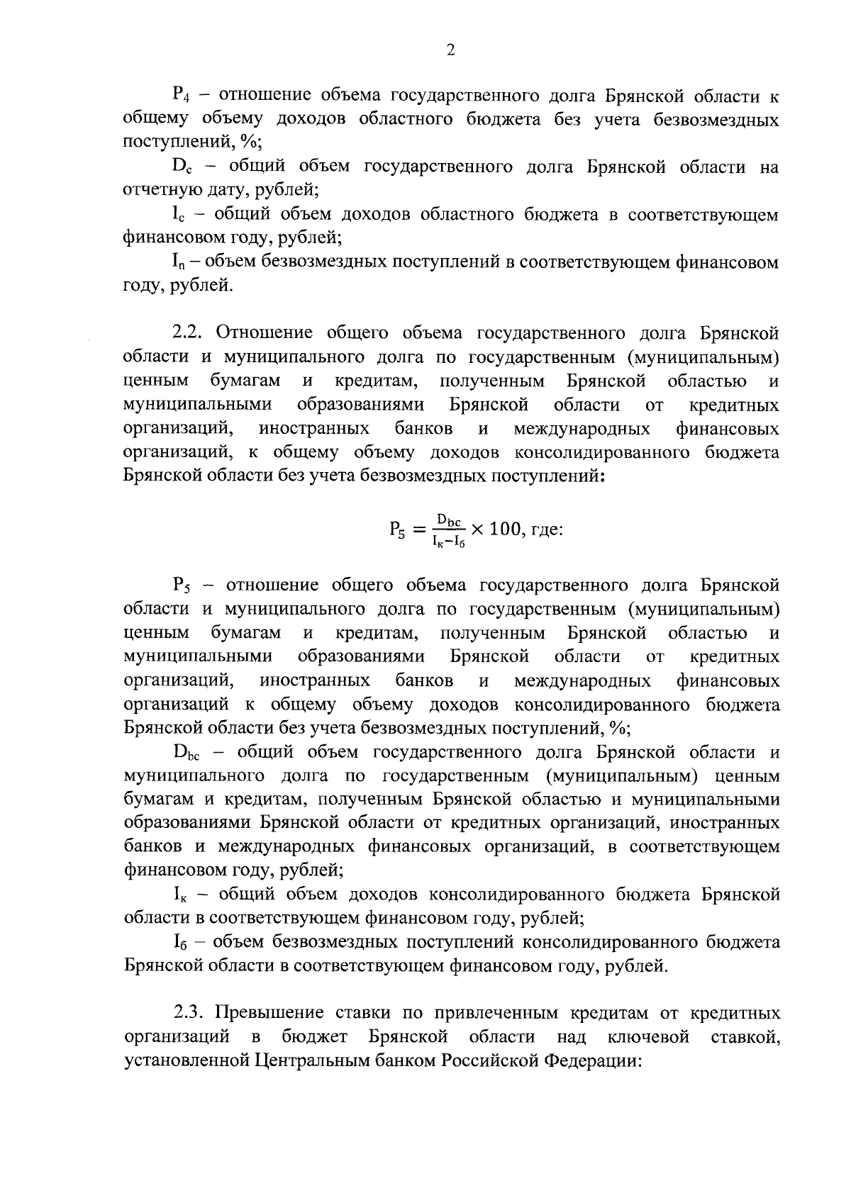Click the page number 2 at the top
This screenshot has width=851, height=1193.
(450, 49)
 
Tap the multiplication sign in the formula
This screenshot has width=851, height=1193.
(476, 530)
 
